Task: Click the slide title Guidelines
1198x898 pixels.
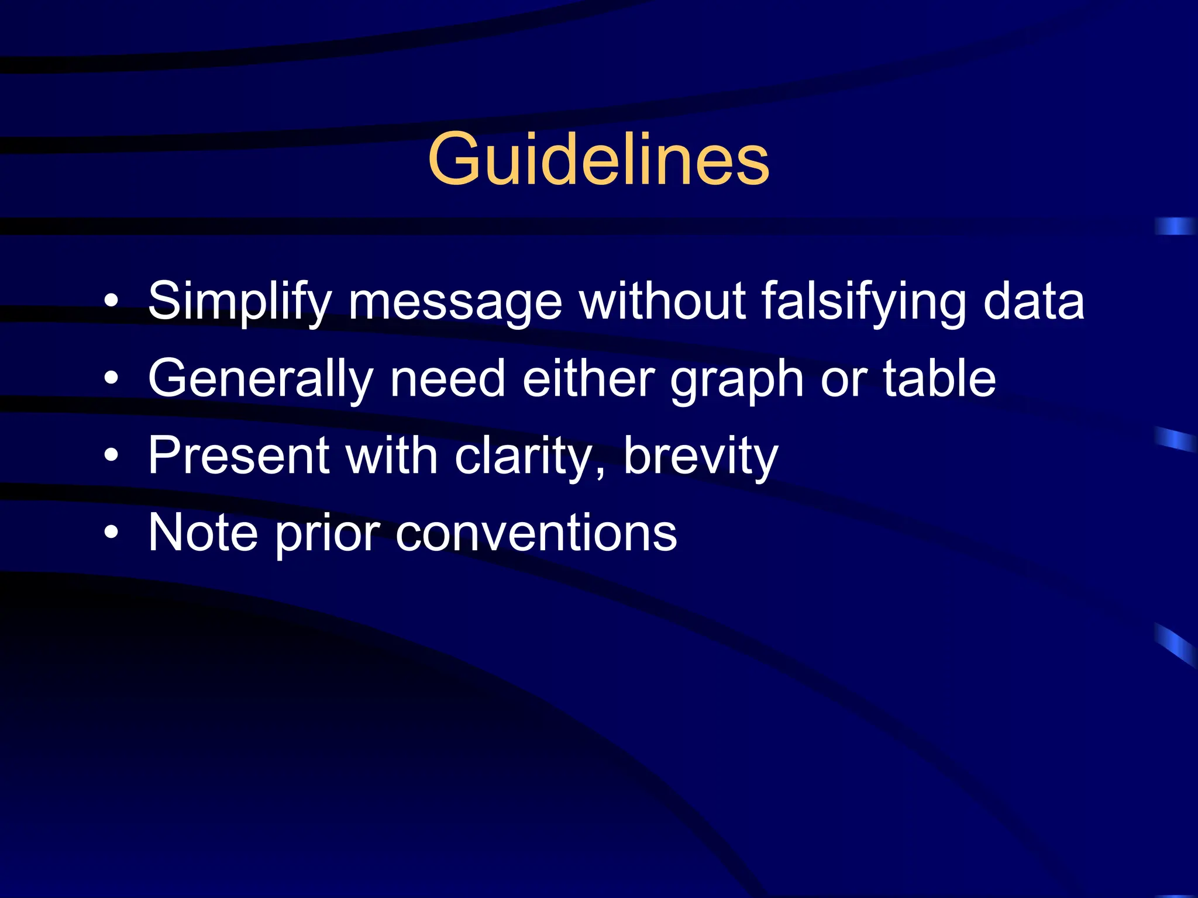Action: coord(598,159)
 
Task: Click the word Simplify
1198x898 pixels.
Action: coord(240,302)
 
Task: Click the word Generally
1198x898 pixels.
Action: coord(260,379)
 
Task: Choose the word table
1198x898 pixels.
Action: coord(939,379)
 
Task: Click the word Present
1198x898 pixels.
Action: coord(239,455)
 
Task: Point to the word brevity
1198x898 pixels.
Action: coord(700,457)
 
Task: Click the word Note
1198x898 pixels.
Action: coord(203,533)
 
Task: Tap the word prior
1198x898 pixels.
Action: coord(328,534)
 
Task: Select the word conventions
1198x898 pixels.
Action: coord(536,534)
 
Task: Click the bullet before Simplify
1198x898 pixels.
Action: coord(111,302)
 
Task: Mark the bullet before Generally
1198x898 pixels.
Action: coord(111,379)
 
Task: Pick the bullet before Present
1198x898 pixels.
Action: coord(111,455)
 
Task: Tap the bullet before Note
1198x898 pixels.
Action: coord(111,533)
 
